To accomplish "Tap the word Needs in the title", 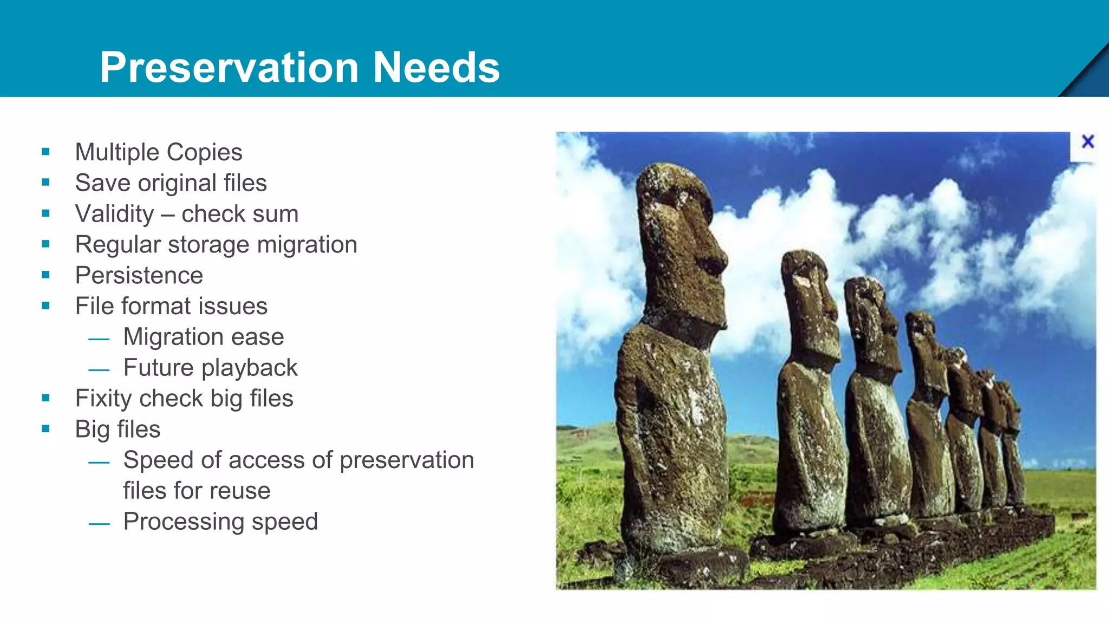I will (436, 67).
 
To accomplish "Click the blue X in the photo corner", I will (1087, 142).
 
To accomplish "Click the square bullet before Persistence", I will (45, 275).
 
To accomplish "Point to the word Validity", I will (115, 214).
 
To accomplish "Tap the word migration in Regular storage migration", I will (306, 245).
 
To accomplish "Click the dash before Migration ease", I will (99, 339).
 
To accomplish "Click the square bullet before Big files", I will (45, 428).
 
